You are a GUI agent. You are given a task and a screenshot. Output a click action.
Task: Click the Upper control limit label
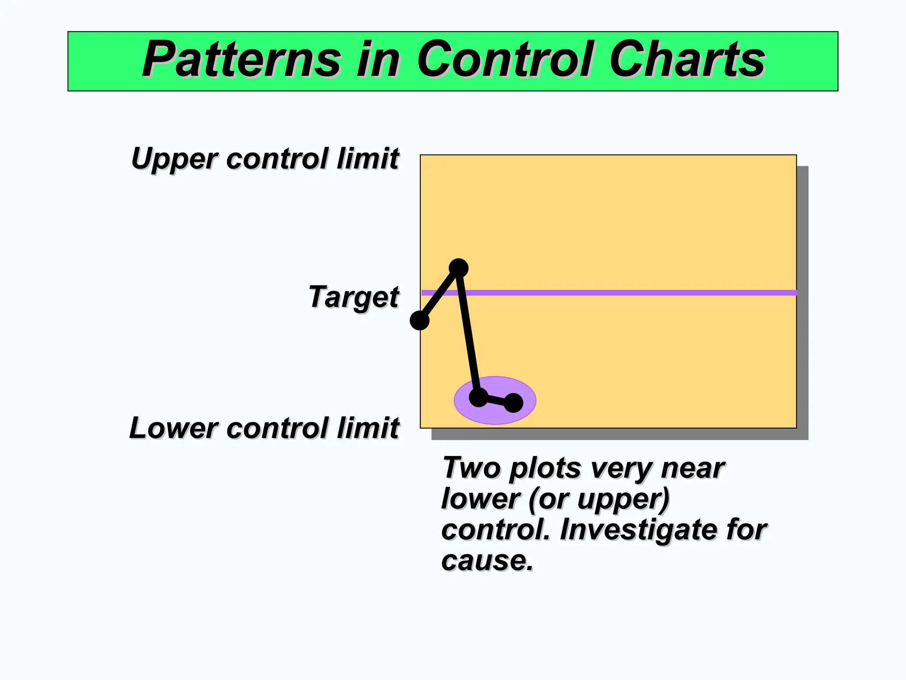265,158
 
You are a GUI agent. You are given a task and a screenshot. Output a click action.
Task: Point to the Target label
353,297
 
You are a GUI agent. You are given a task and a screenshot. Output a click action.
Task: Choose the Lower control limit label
264,428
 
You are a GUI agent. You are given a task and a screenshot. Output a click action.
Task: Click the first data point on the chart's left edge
420,320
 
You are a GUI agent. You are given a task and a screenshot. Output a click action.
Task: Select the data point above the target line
458,268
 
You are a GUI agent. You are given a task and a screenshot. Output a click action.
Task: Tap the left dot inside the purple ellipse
478,397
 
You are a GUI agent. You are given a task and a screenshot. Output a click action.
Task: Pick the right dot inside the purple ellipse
513,403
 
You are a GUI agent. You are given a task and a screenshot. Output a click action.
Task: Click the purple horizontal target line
619,293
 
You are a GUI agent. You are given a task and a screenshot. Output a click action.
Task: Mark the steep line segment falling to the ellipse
468,332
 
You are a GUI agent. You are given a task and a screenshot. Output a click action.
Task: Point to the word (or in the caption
548,499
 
